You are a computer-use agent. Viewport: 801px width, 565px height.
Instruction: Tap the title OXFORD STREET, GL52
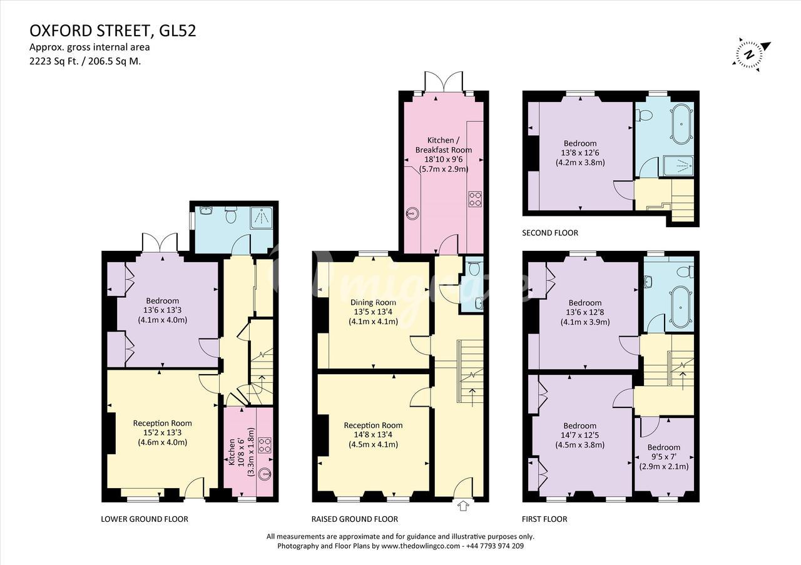coord(113,31)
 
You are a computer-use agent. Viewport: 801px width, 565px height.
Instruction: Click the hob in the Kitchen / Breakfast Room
coord(475,199)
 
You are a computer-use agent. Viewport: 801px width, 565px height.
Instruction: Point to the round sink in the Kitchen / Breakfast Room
coord(412,214)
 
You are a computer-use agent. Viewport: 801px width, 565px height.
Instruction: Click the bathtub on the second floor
coord(681,124)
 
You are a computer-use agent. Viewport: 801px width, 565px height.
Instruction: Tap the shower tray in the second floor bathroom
coord(678,166)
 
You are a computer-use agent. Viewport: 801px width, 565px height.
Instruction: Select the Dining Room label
coord(373,302)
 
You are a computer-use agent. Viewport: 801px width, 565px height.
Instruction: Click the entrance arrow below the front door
coord(462,506)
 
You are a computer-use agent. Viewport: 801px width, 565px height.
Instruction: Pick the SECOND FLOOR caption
coord(550,233)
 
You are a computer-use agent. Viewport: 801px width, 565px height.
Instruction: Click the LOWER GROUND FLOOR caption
coord(145,519)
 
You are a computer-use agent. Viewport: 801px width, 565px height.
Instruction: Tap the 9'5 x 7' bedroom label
coord(664,457)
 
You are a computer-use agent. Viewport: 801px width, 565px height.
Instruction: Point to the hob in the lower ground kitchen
coord(265,445)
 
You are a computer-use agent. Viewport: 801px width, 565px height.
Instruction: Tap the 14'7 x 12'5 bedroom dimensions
coord(579,435)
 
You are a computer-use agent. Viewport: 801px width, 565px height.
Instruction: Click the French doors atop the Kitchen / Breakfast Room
coord(444,81)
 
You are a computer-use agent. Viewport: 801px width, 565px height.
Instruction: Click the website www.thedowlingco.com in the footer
coord(421,546)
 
